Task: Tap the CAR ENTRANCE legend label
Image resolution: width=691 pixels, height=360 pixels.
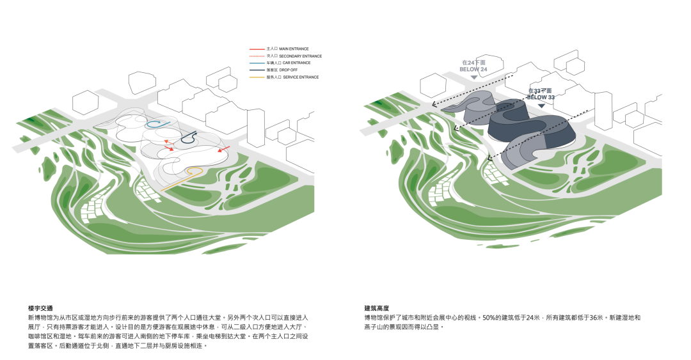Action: pos(289,63)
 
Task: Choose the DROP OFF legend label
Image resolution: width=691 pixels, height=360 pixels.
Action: pos(285,70)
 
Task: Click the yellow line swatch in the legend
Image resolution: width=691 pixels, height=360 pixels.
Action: pos(256,77)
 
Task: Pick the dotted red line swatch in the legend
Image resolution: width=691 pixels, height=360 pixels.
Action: pos(256,56)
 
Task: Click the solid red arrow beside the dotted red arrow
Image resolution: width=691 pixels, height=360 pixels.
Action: pos(170,148)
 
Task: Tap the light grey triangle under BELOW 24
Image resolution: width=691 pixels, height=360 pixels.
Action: pos(473,77)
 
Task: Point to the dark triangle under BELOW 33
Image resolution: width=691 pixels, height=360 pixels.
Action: pos(542,105)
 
